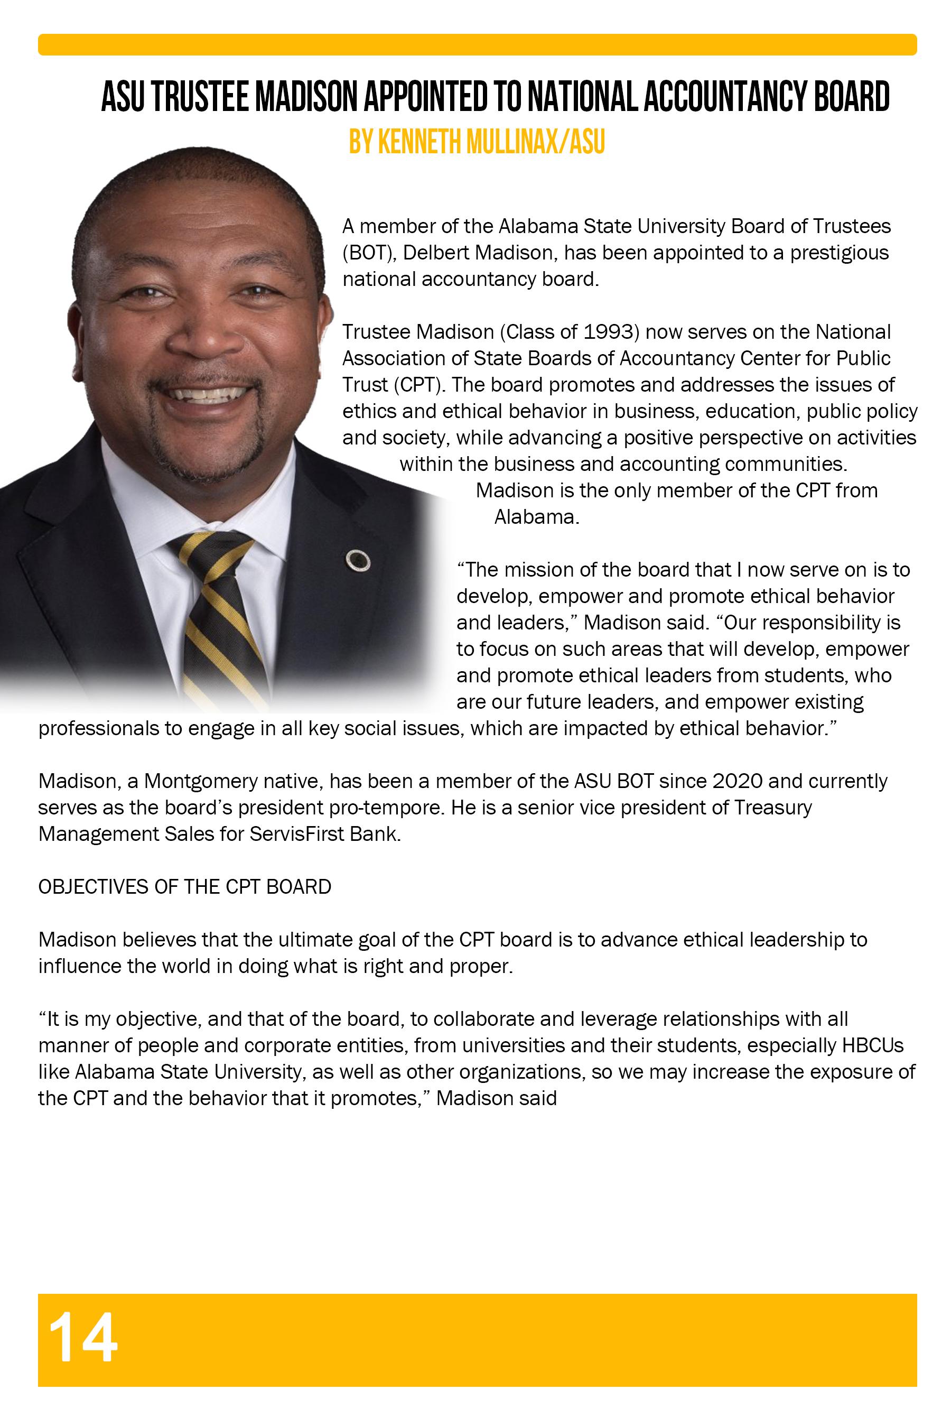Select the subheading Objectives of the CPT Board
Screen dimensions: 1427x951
click(x=184, y=887)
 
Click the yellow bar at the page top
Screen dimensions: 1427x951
click(x=477, y=44)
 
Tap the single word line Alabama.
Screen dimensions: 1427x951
click(x=537, y=517)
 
